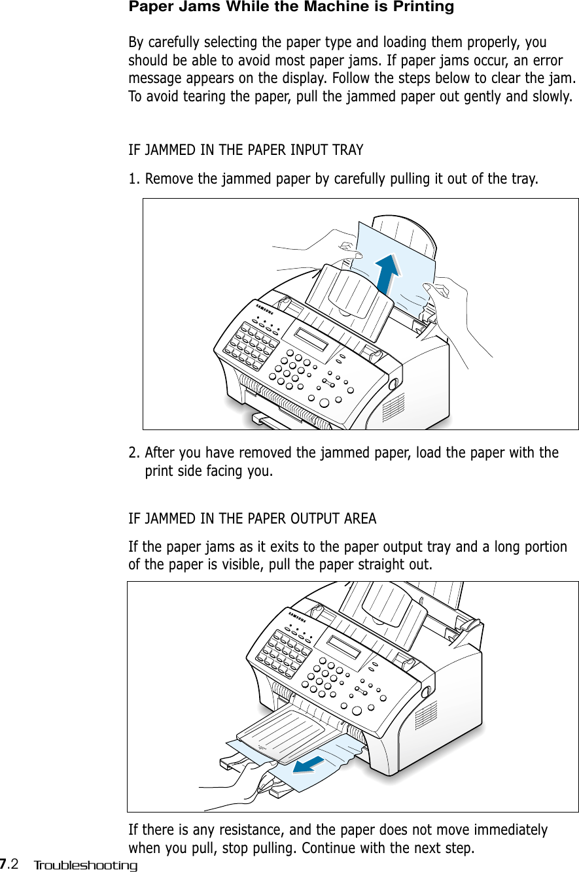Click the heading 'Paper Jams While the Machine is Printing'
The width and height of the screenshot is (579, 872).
tap(290, 8)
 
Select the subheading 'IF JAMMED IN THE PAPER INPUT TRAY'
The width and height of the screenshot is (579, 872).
tap(245, 150)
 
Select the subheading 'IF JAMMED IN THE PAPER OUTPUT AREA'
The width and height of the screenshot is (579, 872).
tap(252, 519)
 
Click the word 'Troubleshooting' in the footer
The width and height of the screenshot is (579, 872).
tap(86, 865)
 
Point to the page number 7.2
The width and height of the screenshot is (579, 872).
tap(9, 865)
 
